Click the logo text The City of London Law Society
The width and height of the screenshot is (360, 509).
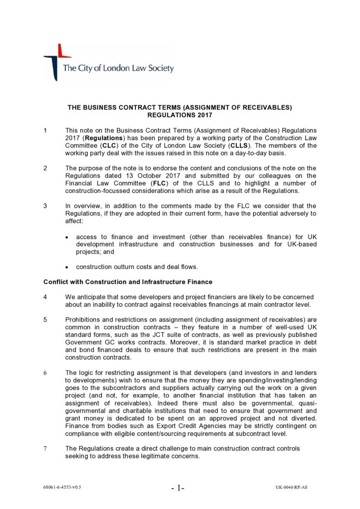[118, 68]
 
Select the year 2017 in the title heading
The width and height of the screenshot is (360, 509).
[203, 115]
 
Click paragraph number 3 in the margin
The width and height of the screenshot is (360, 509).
[45, 205]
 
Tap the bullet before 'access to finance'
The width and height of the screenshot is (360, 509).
[67, 237]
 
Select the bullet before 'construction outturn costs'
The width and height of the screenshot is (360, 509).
[67, 267]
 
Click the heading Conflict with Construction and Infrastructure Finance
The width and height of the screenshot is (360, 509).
[128, 282]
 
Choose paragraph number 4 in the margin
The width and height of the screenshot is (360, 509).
[45, 297]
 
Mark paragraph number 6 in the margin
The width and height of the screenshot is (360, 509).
[45, 372]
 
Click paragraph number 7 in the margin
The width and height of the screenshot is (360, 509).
[45, 448]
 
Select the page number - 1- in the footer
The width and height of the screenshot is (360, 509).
[178, 488]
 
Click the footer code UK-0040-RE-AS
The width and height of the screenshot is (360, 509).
[291, 487]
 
